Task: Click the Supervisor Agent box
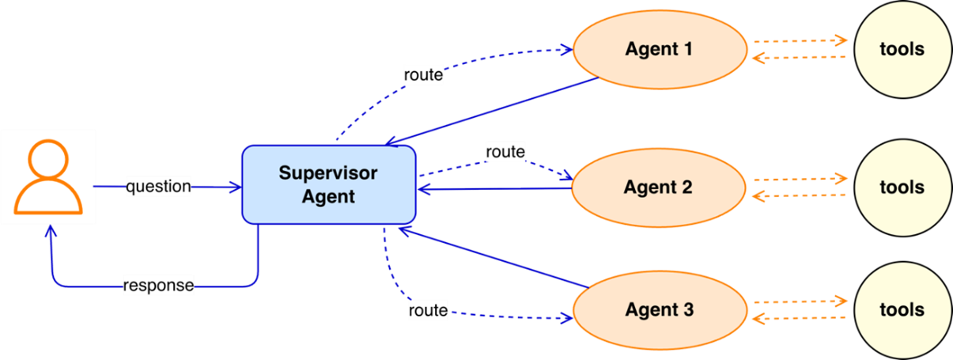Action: (x=329, y=184)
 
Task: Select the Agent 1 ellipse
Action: (x=659, y=49)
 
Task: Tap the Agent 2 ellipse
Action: (x=658, y=188)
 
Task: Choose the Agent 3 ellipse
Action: (x=659, y=309)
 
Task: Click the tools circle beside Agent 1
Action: (x=902, y=49)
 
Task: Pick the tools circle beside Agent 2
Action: (x=902, y=188)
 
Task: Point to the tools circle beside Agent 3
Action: (x=902, y=309)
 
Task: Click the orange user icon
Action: (x=48, y=176)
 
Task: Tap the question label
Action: (x=158, y=187)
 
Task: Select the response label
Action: (x=158, y=284)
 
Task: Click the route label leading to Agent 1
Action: (x=423, y=76)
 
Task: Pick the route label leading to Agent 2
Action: (x=505, y=151)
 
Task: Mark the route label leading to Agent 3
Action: (x=428, y=310)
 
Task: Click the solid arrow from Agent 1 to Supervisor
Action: (x=490, y=112)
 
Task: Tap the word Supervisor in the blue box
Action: (x=328, y=172)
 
